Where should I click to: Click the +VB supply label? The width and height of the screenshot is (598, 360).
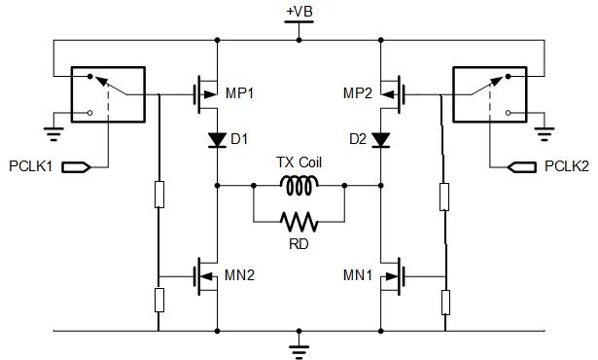pos(299,12)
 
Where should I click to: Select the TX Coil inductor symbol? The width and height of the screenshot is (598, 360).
pos(299,186)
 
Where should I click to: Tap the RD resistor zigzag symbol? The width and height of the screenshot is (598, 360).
pos(299,222)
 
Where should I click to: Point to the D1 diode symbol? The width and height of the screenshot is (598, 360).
pos(218,140)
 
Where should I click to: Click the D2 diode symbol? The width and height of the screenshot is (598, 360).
pos(380,140)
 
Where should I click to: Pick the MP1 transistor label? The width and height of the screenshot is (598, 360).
pos(239,93)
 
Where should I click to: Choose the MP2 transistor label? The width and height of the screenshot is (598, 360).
pos(358,93)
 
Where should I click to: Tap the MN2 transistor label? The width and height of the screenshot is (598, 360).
pos(239,275)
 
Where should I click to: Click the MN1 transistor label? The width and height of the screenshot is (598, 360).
pos(358,275)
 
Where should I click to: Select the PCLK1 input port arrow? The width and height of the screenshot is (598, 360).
pos(77,167)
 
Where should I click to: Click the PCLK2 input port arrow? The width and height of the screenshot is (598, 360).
pos(522,167)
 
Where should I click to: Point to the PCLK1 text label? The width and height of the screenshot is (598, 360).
pos(30,166)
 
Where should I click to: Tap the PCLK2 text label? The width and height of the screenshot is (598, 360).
pos(567,166)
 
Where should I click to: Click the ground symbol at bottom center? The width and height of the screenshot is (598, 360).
pos(299,349)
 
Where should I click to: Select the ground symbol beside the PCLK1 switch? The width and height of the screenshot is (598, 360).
pos(53,133)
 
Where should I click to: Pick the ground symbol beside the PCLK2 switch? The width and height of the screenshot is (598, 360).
pos(545,133)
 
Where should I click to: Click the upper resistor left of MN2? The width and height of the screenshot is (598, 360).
pos(159,195)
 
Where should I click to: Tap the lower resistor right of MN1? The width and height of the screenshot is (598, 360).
pos(445,303)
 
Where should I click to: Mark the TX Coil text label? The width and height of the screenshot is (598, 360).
pos(299,162)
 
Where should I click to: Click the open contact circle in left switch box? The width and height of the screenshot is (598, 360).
pos(90,113)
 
